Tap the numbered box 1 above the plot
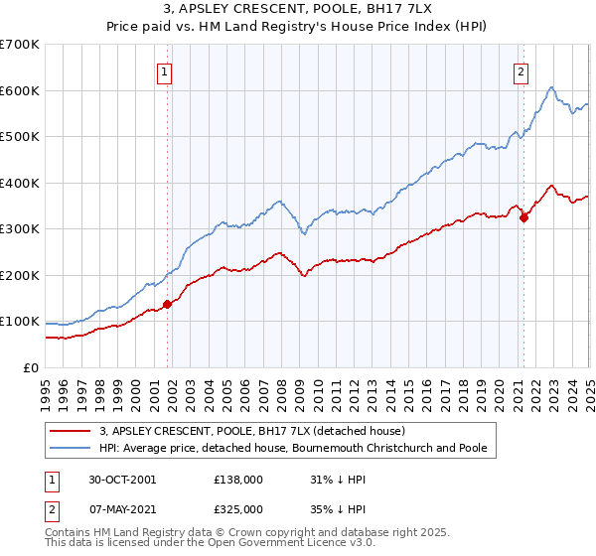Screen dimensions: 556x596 click(x=163, y=70)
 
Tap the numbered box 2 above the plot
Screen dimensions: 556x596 click(x=521, y=70)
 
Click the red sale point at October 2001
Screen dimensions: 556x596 click(x=168, y=304)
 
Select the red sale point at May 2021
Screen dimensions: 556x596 click(x=522, y=218)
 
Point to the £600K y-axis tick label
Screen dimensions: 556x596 click(x=20, y=90)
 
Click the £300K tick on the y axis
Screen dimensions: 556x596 click(x=20, y=229)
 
